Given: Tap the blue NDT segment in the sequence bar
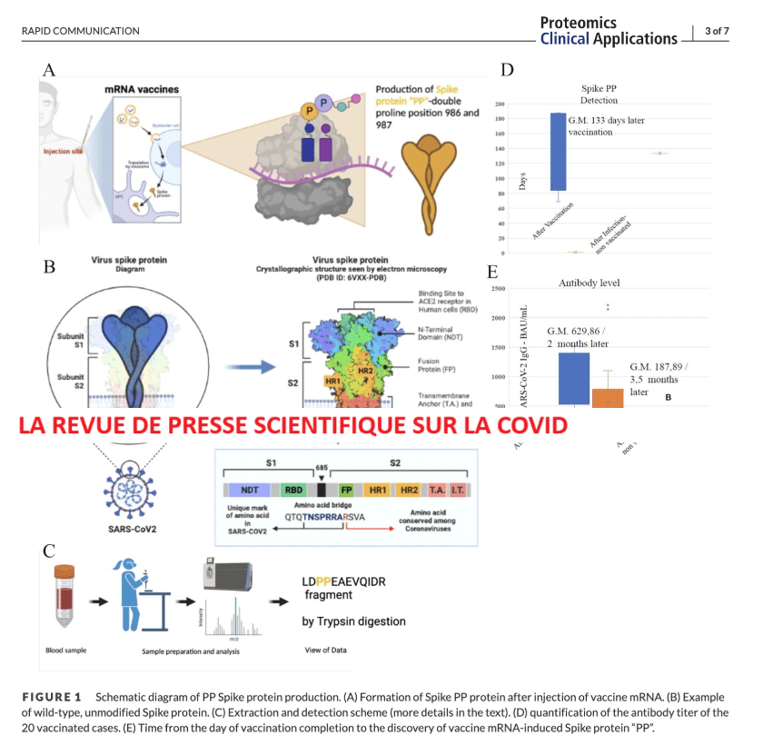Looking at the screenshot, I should [249, 489].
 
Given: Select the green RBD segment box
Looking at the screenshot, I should [293, 489].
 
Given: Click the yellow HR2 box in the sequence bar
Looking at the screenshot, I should [410, 489].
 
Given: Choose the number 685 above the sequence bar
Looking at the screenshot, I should [321, 468].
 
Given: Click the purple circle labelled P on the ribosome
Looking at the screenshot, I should [322, 102].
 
